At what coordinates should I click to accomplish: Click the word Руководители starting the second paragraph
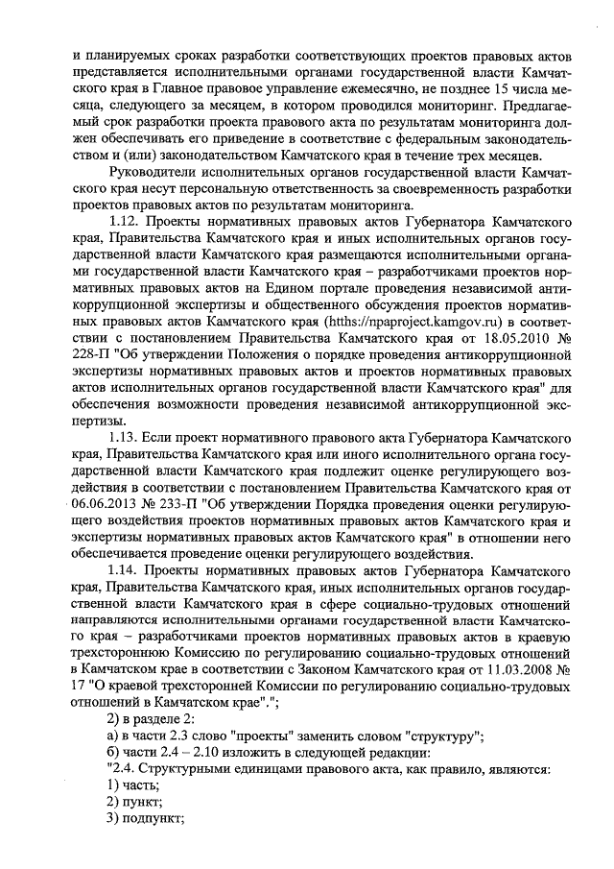point(154,173)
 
